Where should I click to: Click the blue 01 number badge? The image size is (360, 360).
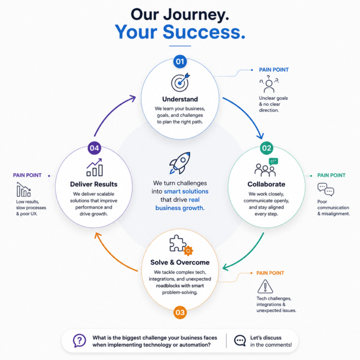click(180, 61)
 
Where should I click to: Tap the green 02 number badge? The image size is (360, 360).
click(266, 148)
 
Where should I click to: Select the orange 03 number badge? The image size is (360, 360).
click(180, 312)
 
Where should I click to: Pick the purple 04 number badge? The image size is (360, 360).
click(94, 148)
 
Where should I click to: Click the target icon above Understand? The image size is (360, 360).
click(180, 82)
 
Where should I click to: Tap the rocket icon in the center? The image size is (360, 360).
click(180, 163)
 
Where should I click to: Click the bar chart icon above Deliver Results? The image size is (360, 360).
click(94, 167)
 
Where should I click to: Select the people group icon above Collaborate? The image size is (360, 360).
click(266, 167)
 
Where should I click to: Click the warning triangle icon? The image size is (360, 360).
click(265, 286)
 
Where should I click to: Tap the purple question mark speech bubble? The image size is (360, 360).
click(79, 340)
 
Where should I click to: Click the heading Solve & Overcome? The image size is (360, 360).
click(180, 262)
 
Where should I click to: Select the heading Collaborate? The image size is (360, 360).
click(266, 184)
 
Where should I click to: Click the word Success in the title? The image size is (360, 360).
click(204, 32)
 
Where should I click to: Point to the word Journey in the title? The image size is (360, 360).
click(196, 15)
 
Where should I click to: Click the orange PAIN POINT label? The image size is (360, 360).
click(270, 273)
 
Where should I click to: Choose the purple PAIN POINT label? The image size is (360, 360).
click(27, 175)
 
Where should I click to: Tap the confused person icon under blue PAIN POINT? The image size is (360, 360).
click(269, 84)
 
